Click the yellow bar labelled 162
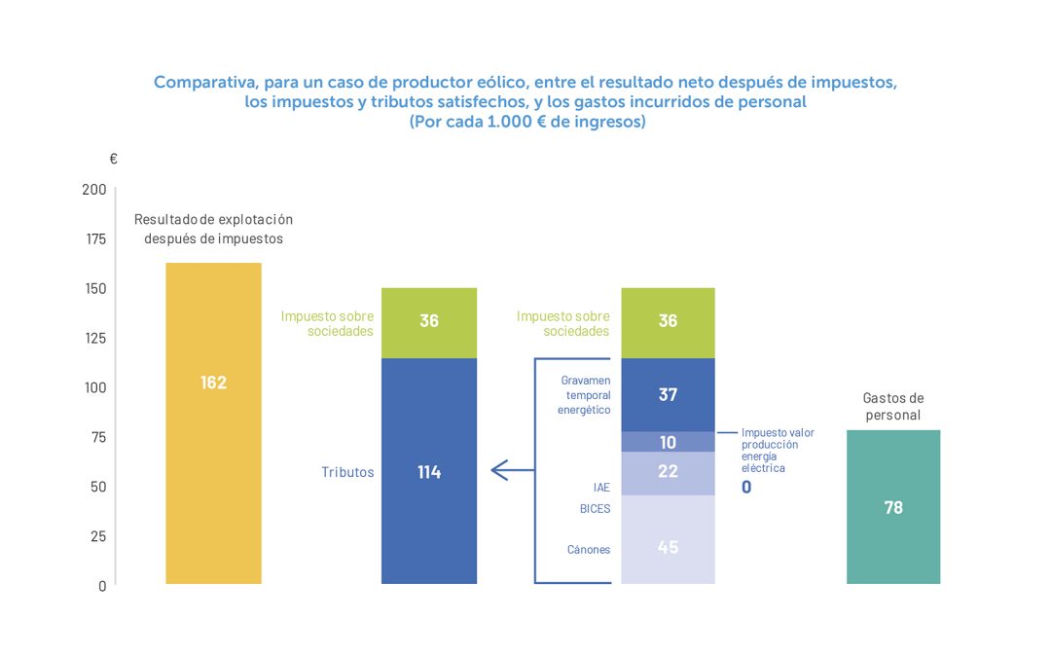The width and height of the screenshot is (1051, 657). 213,423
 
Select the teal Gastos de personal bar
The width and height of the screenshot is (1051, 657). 893,507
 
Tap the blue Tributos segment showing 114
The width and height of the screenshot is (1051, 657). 429,471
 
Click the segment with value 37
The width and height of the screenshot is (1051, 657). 668,394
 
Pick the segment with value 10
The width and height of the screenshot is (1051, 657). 668,443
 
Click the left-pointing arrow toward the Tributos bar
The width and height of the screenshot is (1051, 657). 502,471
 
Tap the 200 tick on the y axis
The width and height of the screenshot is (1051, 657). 94,190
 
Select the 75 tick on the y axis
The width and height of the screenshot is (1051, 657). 98,437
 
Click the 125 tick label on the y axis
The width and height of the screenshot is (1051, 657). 94,338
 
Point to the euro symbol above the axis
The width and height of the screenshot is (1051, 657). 113,159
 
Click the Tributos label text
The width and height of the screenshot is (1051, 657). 347,472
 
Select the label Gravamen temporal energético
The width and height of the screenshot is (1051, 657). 584,394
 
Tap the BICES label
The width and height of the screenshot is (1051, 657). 595,508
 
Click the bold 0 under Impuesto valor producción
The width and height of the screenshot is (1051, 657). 746,487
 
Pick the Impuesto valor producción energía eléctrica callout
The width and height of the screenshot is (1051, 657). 777,450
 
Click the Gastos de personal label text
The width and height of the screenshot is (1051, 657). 893,407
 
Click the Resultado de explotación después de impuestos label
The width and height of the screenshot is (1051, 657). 213,229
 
